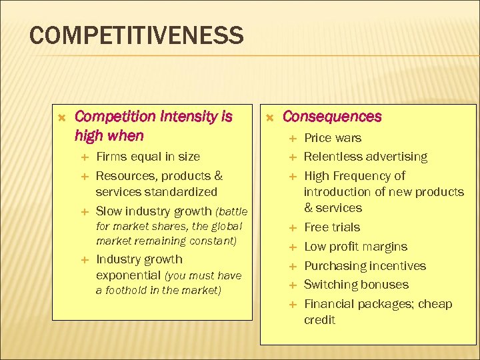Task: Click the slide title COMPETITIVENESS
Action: [137, 35]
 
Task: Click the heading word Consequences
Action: [332, 117]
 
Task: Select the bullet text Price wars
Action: [333, 138]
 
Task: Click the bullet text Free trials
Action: [332, 227]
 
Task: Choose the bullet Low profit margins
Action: [355, 247]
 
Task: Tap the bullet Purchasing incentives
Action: [365, 266]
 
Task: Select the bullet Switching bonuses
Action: [356, 285]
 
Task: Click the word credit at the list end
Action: [319, 320]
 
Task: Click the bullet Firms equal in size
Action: [148, 157]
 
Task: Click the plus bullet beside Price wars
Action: [291, 138]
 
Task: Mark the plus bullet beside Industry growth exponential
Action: [83, 259]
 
